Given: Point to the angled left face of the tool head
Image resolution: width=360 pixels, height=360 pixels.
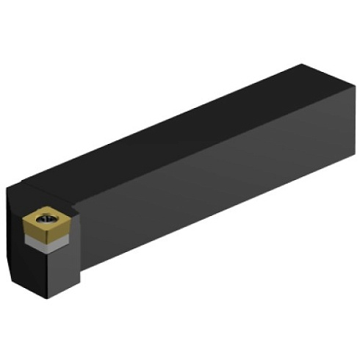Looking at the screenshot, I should pos(15,235).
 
